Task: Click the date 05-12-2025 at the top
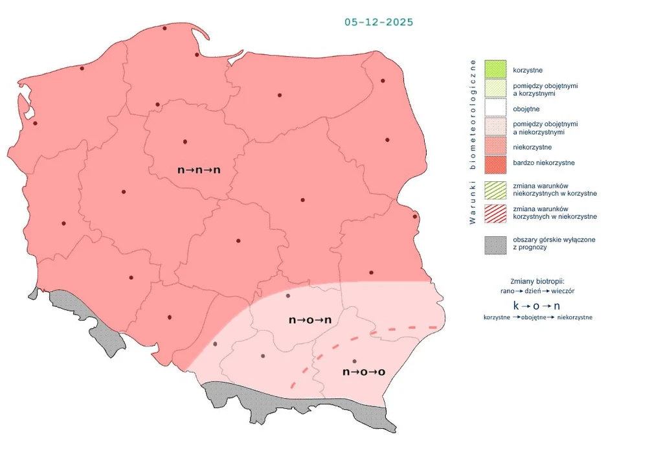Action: (x=379, y=22)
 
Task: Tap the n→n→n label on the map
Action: (x=199, y=170)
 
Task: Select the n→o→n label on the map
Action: (x=310, y=320)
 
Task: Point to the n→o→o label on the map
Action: (x=363, y=372)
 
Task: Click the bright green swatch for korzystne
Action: (x=495, y=69)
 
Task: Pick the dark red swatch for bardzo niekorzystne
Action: (x=495, y=163)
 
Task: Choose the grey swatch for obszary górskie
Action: (x=495, y=244)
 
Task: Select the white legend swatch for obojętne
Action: (x=495, y=109)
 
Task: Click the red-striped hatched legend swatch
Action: (x=495, y=213)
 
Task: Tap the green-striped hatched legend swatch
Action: (x=495, y=189)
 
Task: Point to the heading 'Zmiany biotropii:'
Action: (x=537, y=281)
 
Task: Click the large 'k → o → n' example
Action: (x=537, y=305)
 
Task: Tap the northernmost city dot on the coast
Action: (x=164, y=28)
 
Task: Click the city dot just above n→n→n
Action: (x=185, y=142)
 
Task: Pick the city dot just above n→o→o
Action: (x=354, y=361)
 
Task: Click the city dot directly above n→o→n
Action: (x=288, y=296)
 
